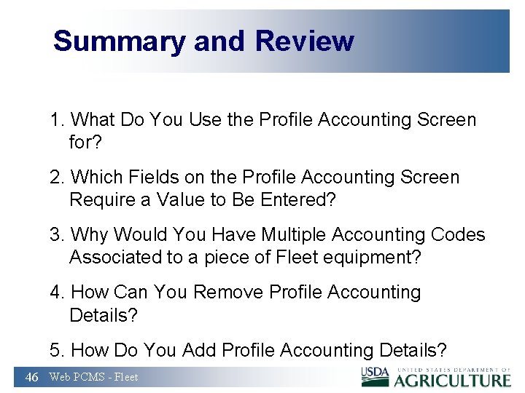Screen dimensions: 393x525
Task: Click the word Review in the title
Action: pos(304,41)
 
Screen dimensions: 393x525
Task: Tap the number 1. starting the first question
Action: pos(58,120)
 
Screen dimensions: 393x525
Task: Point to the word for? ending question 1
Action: pos(86,143)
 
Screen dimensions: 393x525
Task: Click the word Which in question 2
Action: pos(98,178)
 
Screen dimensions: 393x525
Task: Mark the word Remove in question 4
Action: pos(228,293)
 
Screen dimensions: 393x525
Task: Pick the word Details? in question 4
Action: pos(104,315)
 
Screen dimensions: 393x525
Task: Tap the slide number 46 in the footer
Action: pos(32,377)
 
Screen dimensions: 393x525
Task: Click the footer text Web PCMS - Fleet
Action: pos(93,377)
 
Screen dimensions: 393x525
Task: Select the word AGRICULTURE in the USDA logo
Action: pos(453,379)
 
